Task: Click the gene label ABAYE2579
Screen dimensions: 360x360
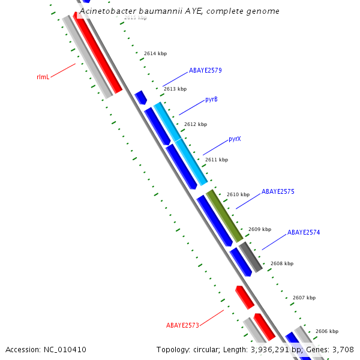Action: [x=205, y=70]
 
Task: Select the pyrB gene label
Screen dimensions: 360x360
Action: [x=211, y=99]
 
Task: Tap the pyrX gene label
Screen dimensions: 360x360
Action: [x=235, y=139]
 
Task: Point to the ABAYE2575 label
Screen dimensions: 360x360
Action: [x=278, y=192]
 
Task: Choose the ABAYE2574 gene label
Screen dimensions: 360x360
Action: [x=304, y=232]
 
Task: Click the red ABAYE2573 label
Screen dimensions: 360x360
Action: [x=182, y=325]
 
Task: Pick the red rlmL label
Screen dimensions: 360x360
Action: [x=43, y=77]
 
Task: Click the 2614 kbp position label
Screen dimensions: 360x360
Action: [x=155, y=54]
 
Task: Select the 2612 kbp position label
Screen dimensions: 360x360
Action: [x=196, y=124]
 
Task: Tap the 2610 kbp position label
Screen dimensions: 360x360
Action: [x=238, y=194]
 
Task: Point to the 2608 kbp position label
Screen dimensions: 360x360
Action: [x=282, y=263]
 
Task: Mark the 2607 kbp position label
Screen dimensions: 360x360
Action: [x=304, y=298]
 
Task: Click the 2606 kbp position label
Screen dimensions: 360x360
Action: [x=327, y=331]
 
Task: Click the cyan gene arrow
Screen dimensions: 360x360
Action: [x=181, y=144]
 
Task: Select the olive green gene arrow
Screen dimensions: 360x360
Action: [x=224, y=216]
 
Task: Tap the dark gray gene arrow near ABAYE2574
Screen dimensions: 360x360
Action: [x=250, y=257]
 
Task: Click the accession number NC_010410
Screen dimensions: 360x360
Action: [x=65, y=350]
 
